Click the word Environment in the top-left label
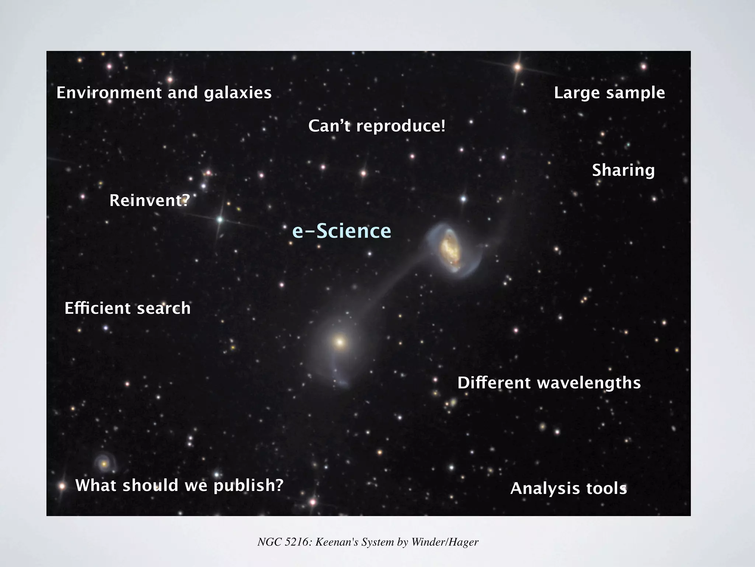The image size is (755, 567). coord(109,93)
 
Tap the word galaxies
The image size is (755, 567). coord(238,93)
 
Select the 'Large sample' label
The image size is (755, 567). coord(609,93)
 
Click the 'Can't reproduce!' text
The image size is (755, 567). coord(377,126)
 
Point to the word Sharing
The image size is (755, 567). coord(623,170)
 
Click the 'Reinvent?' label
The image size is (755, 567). coord(150,200)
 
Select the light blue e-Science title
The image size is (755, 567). coord(341,231)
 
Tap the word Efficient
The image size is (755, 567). coord(97,308)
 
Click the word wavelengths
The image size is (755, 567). coord(589,383)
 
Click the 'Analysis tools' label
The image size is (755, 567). coord(568,488)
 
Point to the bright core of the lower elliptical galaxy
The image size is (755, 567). coord(340,342)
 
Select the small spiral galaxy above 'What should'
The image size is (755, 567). coord(104,464)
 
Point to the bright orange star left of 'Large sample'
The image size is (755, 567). coord(517,67)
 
